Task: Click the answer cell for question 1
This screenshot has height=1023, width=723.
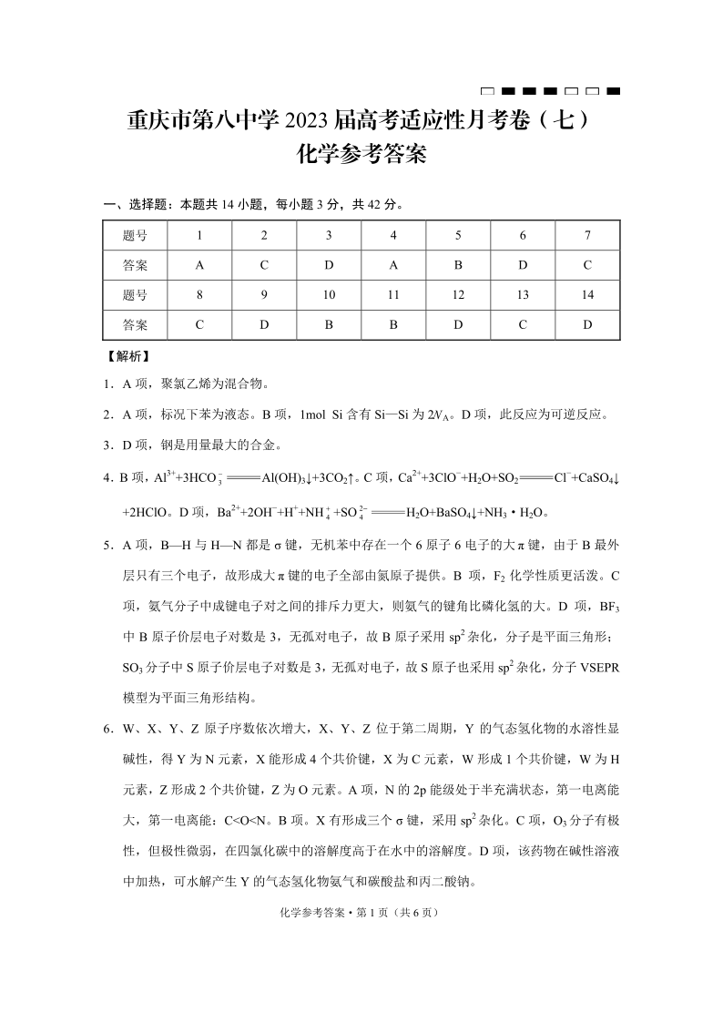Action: (x=199, y=265)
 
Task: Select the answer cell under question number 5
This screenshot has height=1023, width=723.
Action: (x=459, y=265)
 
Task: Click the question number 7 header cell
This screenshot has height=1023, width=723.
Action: (x=587, y=236)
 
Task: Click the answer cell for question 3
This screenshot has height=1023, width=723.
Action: (x=329, y=265)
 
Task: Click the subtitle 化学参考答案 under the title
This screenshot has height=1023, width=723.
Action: (x=361, y=155)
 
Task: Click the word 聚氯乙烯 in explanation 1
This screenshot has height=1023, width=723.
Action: (x=185, y=384)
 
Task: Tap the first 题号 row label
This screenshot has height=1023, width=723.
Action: (x=135, y=236)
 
